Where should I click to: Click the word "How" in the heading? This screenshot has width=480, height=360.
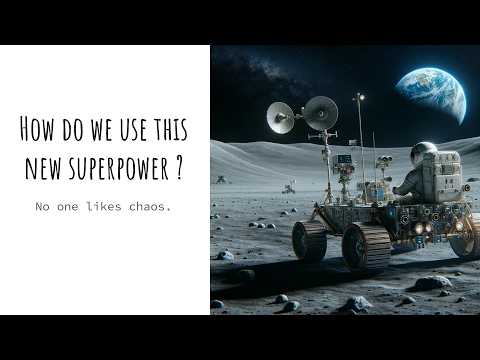[x=37, y=129]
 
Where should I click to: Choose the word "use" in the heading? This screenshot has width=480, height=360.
[x=120, y=129]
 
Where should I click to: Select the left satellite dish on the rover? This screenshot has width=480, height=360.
[x=282, y=118]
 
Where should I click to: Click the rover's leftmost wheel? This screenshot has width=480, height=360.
[x=309, y=240]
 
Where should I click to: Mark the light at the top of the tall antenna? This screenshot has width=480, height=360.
[x=358, y=97]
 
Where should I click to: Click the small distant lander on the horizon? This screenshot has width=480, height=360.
[x=290, y=186]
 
